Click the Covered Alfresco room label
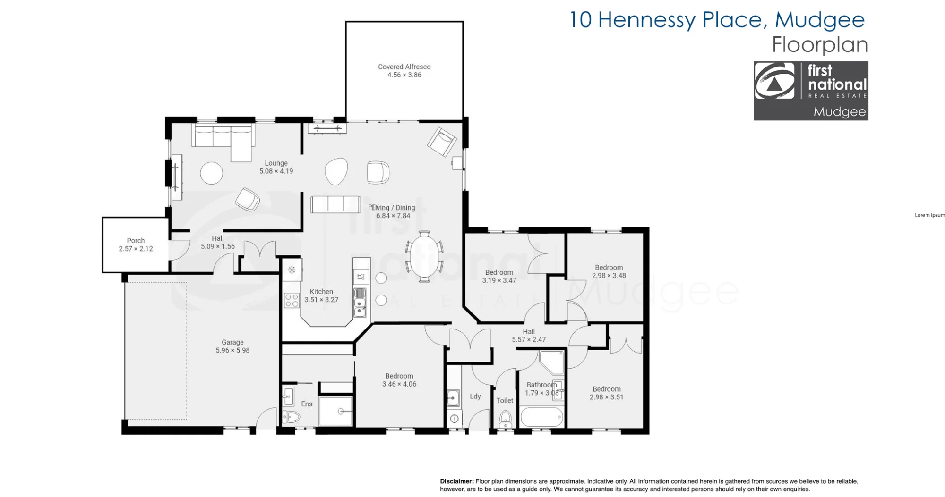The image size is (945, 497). pyautogui.click(x=404, y=67)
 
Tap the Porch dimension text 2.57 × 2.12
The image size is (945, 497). pyautogui.click(x=136, y=249)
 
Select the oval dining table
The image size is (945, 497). pyautogui.click(x=424, y=256)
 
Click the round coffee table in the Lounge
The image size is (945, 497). pyautogui.click(x=211, y=173)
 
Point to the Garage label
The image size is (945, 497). pyautogui.click(x=232, y=342)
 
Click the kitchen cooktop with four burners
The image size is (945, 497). pyautogui.click(x=292, y=301)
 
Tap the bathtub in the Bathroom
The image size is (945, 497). pyautogui.click(x=541, y=417)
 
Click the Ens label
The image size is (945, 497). pyautogui.click(x=307, y=404)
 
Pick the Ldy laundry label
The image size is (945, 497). pyautogui.click(x=475, y=396)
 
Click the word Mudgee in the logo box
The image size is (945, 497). pyautogui.click(x=840, y=112)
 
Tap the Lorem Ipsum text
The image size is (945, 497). pyautogui.click(x=929, y=215)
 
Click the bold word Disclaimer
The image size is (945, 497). pyautogui.click(x=457, y=481)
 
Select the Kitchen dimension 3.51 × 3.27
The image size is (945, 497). pyautogui.click(x=321, y=300)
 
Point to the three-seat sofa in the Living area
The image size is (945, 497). pyautogui.click(x=335, y=204)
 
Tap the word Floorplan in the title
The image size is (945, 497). pyautogui.click(x=820, y=45)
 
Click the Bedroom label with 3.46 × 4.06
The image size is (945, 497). pyautogui.click(x=399, y=376)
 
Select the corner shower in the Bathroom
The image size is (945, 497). pyautogui.click(x=552, y=362)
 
